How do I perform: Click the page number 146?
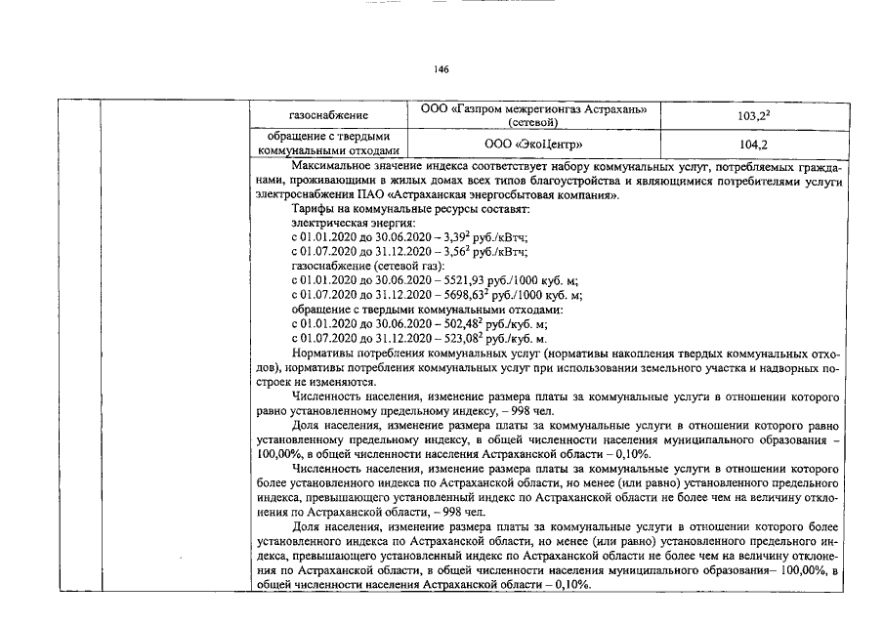click(x=442, y=69)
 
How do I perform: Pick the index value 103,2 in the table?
click(x=747, y=116)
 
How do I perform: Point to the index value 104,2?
click(x=747, y=145)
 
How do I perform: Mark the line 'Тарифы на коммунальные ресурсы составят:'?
click(x=409, y=210)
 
